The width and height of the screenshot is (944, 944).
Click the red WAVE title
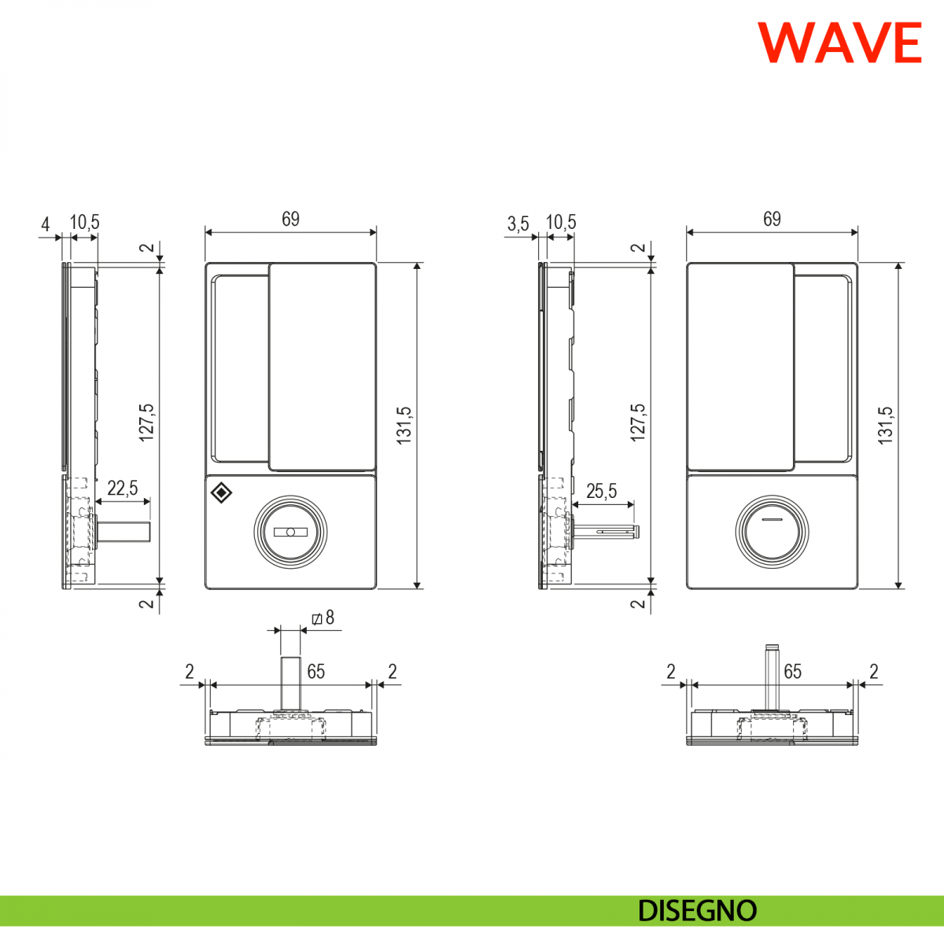point(839,42)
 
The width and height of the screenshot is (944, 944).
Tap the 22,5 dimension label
point(123,489)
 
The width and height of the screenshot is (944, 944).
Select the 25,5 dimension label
point(602,491)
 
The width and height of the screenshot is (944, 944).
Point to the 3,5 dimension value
point(518,223)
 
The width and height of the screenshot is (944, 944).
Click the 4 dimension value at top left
point(45,224)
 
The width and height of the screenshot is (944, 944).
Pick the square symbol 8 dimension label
point(323,618)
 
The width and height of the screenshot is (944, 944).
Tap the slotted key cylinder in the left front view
point(290,532)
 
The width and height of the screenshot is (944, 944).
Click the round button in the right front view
point(772,532)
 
